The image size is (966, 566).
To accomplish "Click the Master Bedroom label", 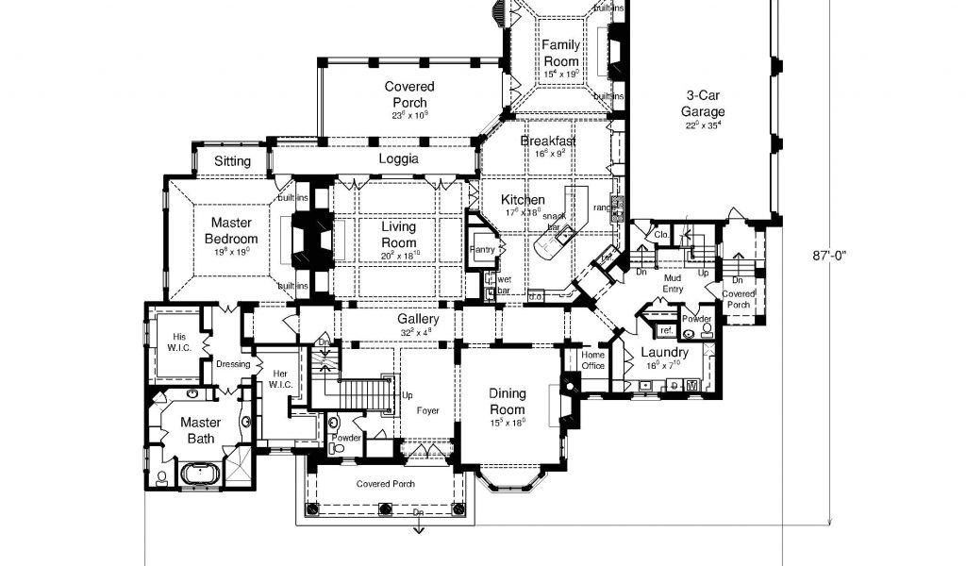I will pos(231,231).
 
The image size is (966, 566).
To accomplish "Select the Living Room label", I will pos(398,234).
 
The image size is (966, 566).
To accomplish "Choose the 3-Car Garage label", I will pos(704,103).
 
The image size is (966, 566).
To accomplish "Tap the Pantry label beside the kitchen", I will pos(483,248).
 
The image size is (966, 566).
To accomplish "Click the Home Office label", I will pos(592,359).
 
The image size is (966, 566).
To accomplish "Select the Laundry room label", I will pos(664,352).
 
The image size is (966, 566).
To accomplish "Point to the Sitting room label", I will pos(232,161).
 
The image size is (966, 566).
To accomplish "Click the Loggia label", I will pos(398,158).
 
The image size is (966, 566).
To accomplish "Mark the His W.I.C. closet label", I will pos(179,342).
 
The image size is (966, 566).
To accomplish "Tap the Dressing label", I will pos(232,364).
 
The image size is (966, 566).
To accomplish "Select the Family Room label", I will pos(560,53).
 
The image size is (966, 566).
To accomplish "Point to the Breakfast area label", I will pos(548,141).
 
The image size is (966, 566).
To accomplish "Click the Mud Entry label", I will pos(672,283).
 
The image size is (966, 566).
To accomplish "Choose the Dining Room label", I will pos(507,400).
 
